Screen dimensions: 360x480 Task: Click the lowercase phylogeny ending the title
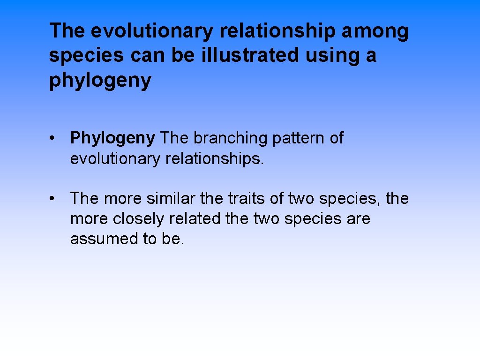pos(100,81)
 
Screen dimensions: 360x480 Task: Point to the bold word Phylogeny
pos(112,138)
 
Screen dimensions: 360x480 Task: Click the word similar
pos(171,199)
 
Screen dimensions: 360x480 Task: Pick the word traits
pos(247,199)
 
